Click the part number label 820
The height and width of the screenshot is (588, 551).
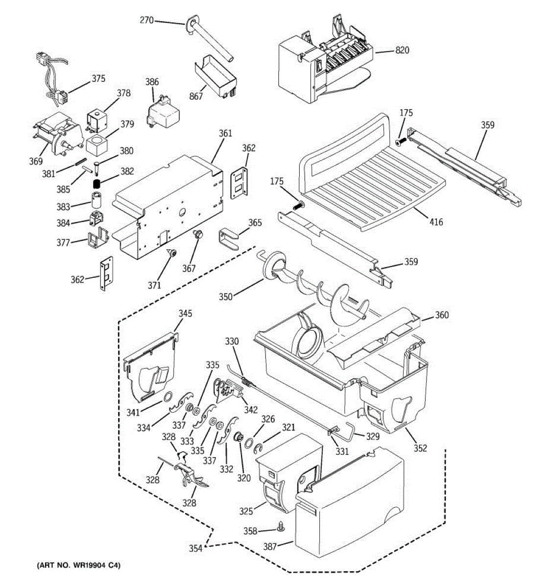click(402, 50)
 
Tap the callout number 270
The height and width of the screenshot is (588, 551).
click(147, 21)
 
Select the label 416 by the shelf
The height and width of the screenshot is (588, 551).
click(436, 221)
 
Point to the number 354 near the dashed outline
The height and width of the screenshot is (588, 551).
click(196, 548)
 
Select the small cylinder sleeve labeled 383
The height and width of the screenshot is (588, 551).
click(96, 200)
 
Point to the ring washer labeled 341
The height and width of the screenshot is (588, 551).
click(168, 396)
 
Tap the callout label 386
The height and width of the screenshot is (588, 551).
click(152, 82)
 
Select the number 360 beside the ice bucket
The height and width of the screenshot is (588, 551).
click(442, 315)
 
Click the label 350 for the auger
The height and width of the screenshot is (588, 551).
click(226, 296)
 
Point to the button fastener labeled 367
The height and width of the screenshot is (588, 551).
click(198, 235)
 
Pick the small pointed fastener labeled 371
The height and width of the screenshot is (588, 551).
click(172, 253)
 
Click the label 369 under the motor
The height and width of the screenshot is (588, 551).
click(36, 161)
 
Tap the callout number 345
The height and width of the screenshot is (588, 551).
click(185, 313)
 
